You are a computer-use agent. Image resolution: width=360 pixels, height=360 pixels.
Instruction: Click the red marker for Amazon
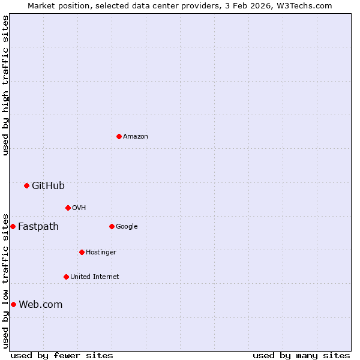119,136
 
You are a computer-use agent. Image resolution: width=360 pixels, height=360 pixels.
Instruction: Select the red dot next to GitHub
26,185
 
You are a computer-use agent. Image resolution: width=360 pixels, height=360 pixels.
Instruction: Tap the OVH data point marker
68,208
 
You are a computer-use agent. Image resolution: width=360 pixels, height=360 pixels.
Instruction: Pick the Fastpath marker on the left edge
13,226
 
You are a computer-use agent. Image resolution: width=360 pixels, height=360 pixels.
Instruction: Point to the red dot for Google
112,226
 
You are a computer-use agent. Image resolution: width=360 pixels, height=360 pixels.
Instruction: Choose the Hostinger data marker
82,252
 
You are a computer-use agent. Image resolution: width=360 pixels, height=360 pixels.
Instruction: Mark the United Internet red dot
66,277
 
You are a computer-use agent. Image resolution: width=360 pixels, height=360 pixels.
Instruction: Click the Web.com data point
13,304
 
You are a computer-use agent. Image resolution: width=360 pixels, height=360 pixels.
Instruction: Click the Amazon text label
136,136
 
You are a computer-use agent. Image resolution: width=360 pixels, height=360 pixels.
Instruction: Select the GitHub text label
48,185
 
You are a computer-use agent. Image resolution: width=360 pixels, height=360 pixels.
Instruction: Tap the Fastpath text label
38,226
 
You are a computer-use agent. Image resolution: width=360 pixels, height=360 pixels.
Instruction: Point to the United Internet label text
94,277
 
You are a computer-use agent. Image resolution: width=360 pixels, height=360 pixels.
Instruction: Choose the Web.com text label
40,304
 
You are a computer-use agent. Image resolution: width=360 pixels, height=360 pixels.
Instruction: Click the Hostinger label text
101,252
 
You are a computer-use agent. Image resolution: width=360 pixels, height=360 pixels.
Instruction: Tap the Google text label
127,226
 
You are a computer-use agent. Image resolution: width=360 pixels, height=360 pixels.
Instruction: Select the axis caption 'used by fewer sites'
62,355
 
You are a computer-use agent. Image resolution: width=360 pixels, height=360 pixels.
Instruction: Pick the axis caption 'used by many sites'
301,355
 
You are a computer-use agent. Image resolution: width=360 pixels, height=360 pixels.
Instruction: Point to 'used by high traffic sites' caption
5,85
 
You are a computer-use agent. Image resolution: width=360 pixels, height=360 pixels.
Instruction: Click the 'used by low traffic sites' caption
5,280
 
